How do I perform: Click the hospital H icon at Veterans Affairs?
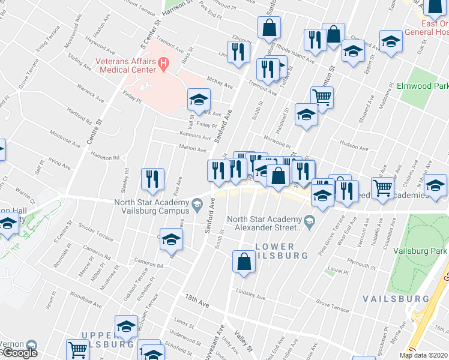(x=163, y=63)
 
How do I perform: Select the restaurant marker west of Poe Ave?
(x=152, y=178)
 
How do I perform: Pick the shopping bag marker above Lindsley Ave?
(x=243, y=262)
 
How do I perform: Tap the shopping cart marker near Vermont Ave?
(x=382, y=188)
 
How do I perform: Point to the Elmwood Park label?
(x=422, y=86)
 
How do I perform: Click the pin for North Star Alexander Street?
(x=309, y=223)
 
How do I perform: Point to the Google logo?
(x=19, y=353)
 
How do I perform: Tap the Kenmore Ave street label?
(x=195, y=137)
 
